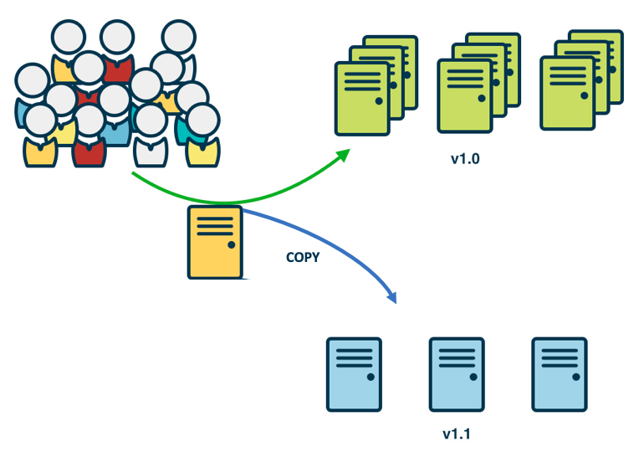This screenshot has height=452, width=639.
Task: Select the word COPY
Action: [303, 258]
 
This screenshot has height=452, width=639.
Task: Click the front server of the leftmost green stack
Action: [362, 98]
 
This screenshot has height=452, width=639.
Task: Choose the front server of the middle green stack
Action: [464, 96]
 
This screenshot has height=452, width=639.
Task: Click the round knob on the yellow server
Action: [230, 245]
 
